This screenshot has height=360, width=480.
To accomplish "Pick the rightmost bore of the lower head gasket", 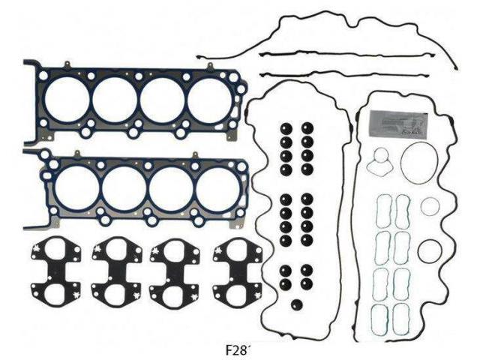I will (x=218, y=187).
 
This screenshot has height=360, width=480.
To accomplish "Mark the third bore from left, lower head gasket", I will (x=172, y=187).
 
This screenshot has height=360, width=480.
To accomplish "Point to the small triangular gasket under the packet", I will (x=382, y=160).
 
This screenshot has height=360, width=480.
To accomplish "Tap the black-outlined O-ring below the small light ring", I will (x=429, y=250).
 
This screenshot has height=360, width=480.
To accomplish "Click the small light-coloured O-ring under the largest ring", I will (x=431, y=206).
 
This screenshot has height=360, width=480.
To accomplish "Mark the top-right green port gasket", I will (x=403, y=205).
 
